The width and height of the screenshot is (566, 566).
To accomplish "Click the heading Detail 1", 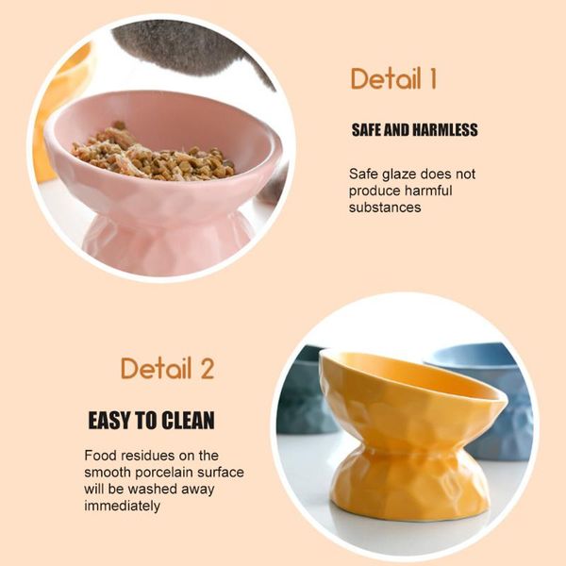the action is pos(393,78).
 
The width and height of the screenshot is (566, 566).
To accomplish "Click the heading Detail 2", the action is pos(168,368).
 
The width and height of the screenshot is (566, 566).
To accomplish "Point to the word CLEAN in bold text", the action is pos(188,420).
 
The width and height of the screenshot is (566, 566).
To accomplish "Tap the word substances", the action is pos(385,208).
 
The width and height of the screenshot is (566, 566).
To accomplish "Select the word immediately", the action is pos(122,506).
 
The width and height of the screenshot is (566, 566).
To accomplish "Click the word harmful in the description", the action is pos(428,191).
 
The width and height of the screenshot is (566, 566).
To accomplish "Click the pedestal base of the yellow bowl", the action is pos(409,489).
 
